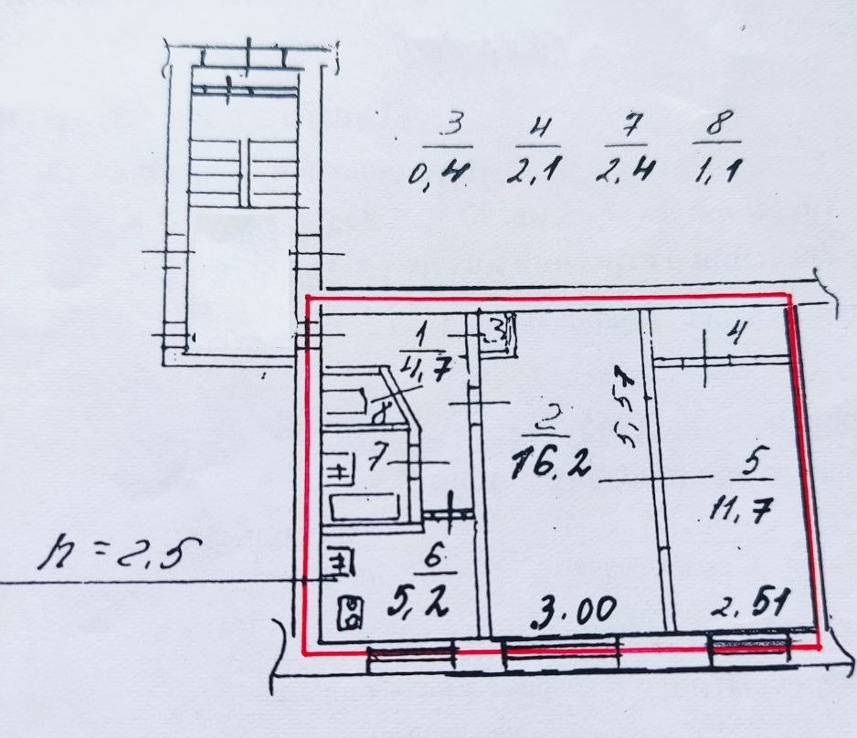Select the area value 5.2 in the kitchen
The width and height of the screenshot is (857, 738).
(422, 603)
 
